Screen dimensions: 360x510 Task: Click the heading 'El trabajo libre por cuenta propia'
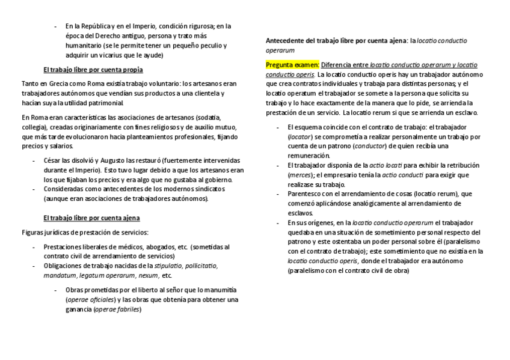click(93, 70)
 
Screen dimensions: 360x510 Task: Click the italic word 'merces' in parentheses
click(300, 174)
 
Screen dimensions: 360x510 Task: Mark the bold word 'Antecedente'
click(286, 40)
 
